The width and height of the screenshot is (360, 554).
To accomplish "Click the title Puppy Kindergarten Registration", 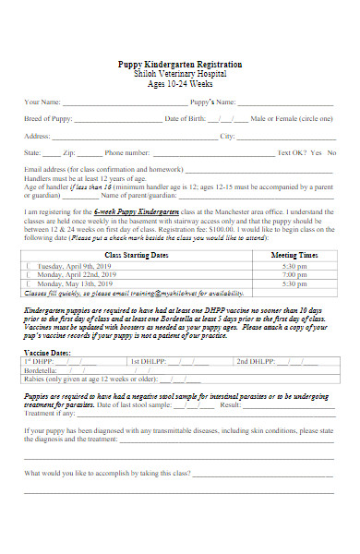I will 181,65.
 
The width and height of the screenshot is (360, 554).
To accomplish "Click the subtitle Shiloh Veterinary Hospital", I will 181,74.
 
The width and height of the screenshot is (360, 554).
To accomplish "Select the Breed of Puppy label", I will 50,118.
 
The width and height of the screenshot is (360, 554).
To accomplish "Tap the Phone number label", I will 126,152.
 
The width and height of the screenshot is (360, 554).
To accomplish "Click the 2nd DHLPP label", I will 256,360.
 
